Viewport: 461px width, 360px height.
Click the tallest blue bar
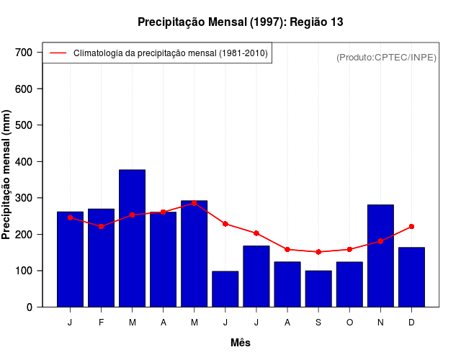coord(132,238)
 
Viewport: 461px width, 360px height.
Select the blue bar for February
coord(101,258)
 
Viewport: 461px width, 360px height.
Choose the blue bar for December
coord(411,277)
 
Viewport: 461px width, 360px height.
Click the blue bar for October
coord(349,284)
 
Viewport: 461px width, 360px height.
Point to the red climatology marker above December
coord(411,227)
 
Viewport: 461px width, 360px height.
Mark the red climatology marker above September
coord(318,252)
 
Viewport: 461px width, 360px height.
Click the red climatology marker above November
coord(380,241)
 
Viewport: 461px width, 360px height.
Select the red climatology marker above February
coord(101,226)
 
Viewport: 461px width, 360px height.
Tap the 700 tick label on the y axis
coord(24,53)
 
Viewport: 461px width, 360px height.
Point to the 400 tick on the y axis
coord(24,161)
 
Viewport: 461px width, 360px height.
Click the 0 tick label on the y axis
coord(29,307)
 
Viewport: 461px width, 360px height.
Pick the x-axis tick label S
coord(318,323)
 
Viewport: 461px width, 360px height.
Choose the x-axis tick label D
coord(411,323)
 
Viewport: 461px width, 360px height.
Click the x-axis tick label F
coord(101,323)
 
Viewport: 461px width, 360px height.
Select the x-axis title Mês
coord(241,343)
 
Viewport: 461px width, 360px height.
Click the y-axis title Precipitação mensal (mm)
coord(7,174)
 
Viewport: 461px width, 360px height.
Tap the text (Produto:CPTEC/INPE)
coord(386,57)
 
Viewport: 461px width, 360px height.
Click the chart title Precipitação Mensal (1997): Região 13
coord(241,22)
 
